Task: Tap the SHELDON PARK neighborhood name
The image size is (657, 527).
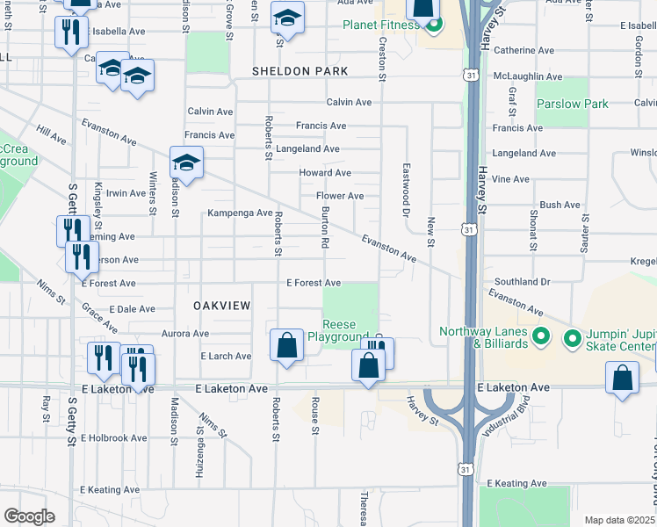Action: (300, 70)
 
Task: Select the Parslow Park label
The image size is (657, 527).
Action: (572, 104)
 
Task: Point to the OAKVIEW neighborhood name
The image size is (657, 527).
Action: (221, 306)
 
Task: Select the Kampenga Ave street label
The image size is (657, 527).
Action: (240, 213)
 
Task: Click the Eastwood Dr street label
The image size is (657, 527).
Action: (406, 190)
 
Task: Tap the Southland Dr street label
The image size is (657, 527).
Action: (522, 282)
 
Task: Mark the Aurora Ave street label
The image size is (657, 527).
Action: (185, 334)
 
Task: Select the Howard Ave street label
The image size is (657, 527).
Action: (324, 173)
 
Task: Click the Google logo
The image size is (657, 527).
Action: (28, 516)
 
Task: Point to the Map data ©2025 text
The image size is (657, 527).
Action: (619, 520)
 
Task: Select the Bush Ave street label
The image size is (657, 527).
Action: (560, 205)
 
